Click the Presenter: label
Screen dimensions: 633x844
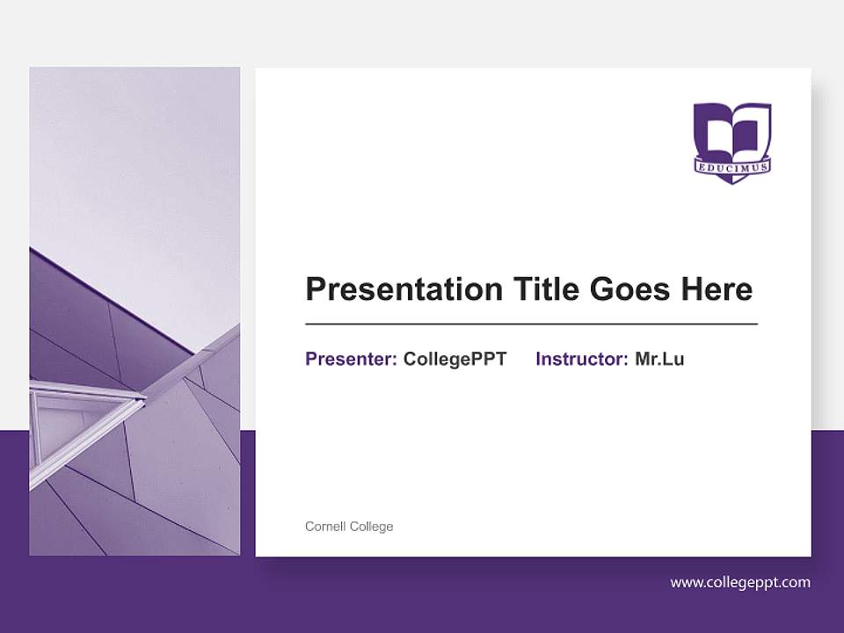[x=351, y=359]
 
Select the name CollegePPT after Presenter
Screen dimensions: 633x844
[x=455, y=359]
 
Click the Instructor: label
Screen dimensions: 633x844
[x=581, y=359]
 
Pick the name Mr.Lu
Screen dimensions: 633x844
[x=659, y=359]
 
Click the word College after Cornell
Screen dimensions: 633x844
[x=372, y=527]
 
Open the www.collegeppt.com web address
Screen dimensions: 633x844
[x=740, y=582]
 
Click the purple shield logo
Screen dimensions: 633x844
[x=732, y=141]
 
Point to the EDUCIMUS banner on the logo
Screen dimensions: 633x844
[x=732, y=165]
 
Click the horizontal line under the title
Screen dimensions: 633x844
[x=531, y=324]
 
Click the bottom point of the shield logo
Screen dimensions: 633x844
[x=731, y=181]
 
